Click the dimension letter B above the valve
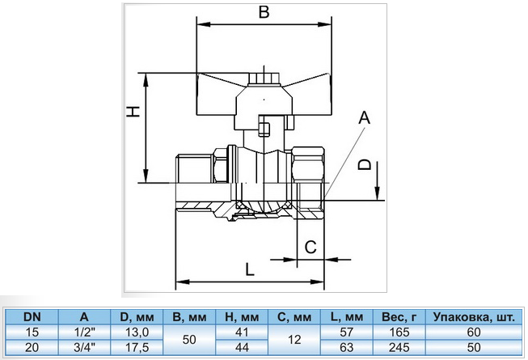[263, 13]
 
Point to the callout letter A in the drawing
[364, 118]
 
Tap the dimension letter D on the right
[366, 165]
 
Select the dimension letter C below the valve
[310, 248]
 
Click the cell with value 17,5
[136, 346]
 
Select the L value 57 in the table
[347, 332]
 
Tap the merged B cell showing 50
[192, 339]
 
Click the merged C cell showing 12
[296, 339]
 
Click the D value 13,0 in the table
[136, 332]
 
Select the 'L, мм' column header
[347, 317]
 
